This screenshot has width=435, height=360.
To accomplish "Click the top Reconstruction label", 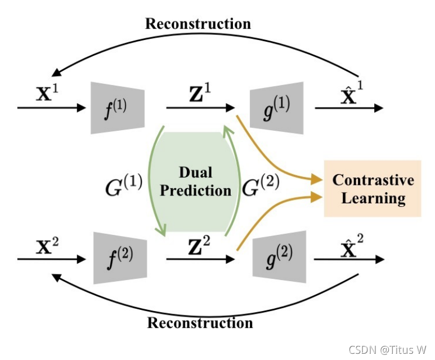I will (x=198, y=24).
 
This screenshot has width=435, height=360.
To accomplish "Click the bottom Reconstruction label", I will (x=200, y=323).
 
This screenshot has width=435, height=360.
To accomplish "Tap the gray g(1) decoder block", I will (x=279, y=108).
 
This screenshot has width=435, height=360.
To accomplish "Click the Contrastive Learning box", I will (x=373, y=189).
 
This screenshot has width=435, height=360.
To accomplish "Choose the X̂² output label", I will (x=344, y=243).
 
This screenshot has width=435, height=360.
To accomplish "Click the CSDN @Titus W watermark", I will (x=387, y=350).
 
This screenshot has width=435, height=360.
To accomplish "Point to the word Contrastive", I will (x=373, y=180).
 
